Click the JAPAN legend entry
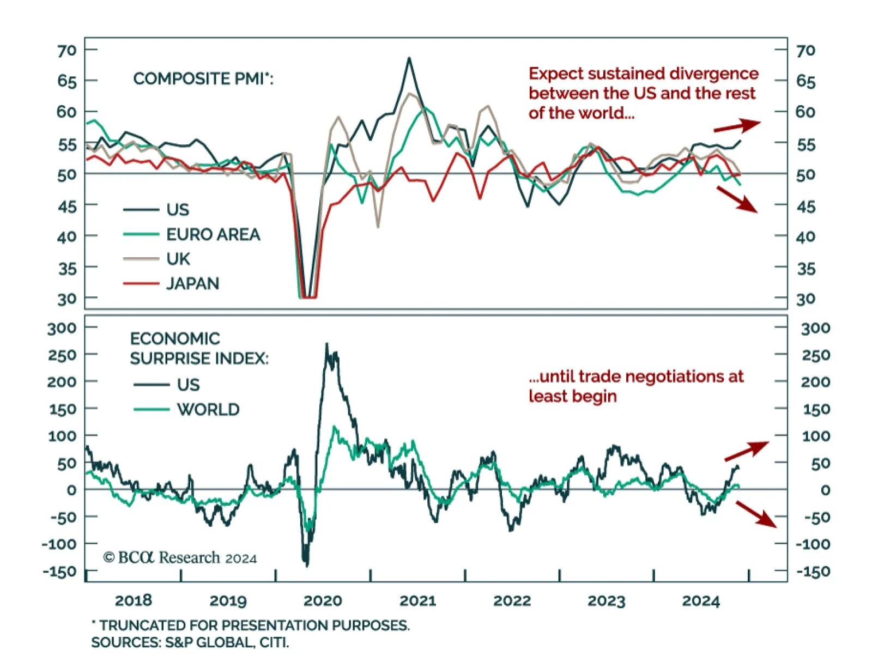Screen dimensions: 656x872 click(192, 284)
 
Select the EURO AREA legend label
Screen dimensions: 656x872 click(213, 235)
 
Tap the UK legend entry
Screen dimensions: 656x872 click(178, 259)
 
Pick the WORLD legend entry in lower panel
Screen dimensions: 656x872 click(208, 410)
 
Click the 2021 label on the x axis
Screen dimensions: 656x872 click(417, 601)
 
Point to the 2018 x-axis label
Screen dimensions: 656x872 click(133, 601)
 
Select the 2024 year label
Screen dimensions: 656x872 click(701, 601)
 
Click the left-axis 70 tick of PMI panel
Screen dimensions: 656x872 click(66, 51)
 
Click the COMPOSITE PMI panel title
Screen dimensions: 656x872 click(203, 79)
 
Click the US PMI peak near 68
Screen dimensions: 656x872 click(409, 58)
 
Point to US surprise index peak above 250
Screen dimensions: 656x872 click(327, 344)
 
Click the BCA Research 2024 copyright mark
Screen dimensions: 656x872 click(180, 558)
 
